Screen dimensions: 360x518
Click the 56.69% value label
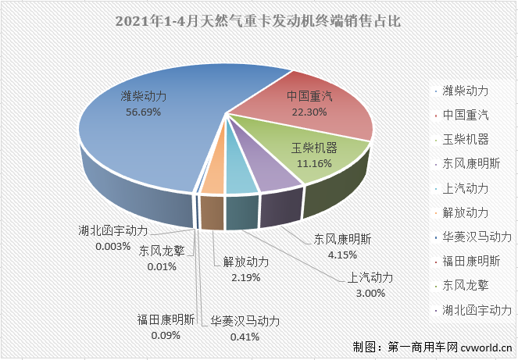click(142, 112)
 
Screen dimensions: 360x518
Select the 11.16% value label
click(313, 164)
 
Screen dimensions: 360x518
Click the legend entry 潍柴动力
click(465, 92)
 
